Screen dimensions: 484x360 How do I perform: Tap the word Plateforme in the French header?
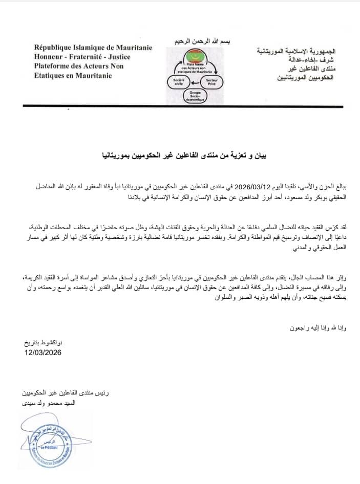click(53, 66)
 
